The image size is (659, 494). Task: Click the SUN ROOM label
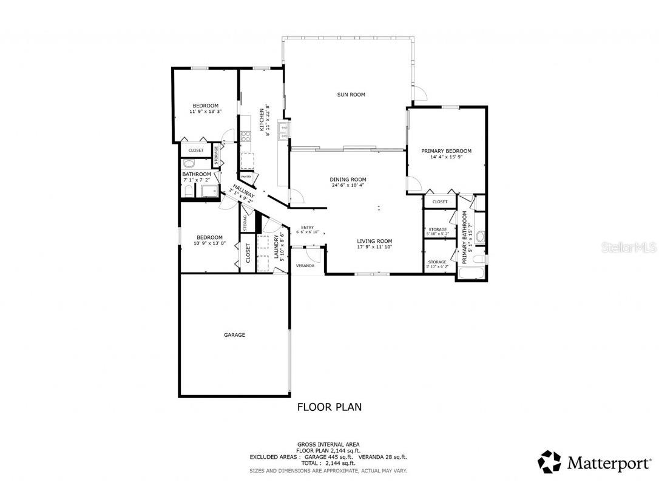coord(351,94)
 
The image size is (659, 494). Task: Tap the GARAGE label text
coord(234,334)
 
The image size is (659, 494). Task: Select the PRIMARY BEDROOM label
coord(446,151)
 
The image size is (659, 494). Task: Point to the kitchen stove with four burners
coord(246,137)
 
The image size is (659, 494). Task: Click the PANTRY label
coord(246,177)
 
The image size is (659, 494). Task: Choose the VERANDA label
coord(305,266)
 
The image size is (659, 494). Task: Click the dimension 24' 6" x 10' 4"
coord(348,186)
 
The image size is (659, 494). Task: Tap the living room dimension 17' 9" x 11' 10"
coord(374,247)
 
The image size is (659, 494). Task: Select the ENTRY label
coord(307,228)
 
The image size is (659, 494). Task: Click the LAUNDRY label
coord(276,247)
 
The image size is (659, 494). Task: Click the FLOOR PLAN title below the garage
coord(329,407)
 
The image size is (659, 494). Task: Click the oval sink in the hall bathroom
coord(188,164)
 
